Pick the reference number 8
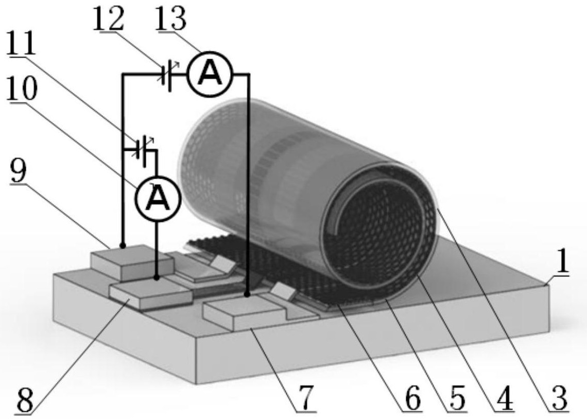coord(26,400)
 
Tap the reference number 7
coord(305,399)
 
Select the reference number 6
coord(412,399)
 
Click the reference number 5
coord(457,399)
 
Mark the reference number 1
coord(561,261)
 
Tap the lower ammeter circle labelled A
coord(158,199)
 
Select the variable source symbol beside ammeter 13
coord(168,75)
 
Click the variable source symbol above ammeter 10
coord(144,150)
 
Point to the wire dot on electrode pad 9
coord(123,246)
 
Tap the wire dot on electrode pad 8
coord(157,277)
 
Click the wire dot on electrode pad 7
coord(247,295)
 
